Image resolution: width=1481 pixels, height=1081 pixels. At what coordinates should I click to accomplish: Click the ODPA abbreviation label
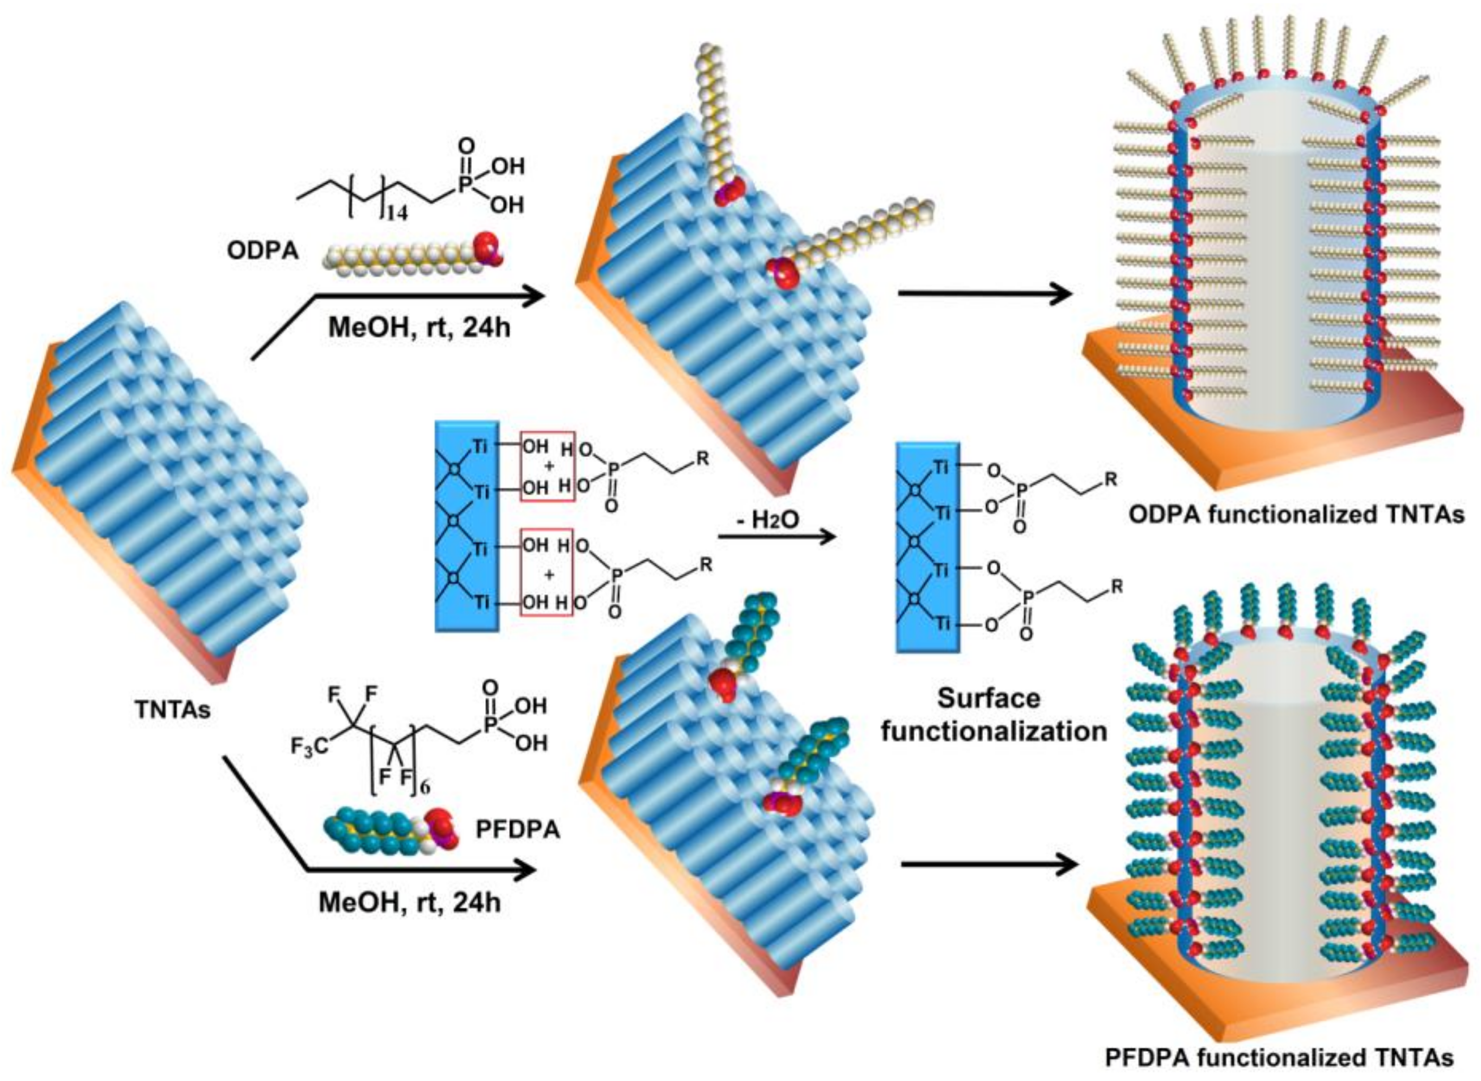262,251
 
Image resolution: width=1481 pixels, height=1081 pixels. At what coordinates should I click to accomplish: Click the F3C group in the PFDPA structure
310,746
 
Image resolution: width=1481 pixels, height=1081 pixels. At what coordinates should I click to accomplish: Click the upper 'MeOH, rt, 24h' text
419,326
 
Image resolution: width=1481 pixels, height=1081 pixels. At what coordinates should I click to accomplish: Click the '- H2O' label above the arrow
768,524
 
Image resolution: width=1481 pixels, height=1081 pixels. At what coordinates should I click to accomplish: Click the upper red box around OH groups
547,466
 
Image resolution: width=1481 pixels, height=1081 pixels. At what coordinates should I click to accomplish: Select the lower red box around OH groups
547,572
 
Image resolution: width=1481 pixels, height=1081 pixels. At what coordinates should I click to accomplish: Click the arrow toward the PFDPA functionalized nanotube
988,865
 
